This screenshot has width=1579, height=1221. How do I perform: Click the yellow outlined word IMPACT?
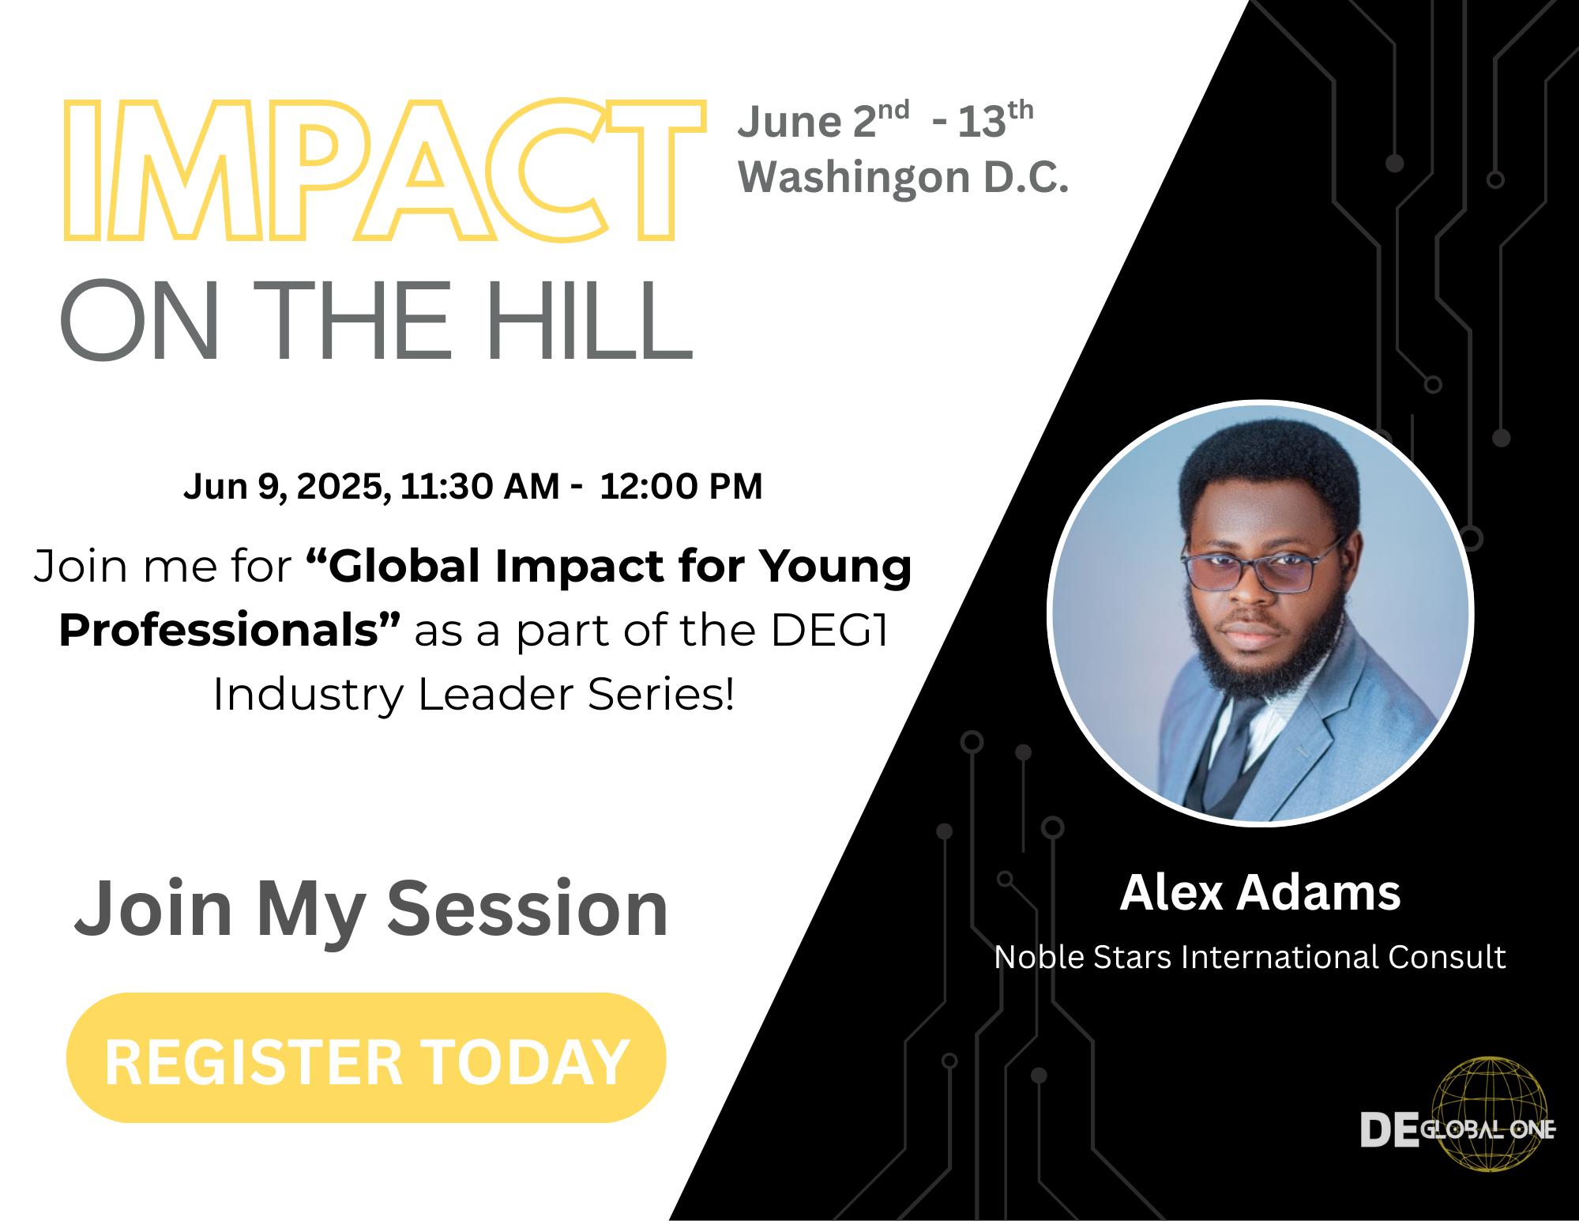pos(385,170)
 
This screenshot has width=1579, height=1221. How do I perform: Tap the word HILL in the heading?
pos(589,321)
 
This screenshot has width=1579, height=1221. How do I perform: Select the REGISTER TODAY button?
pos(367,1058)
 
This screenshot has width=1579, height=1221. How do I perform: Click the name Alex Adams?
pos(1261,893)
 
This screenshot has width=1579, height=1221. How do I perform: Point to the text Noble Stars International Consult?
pos(1250,957)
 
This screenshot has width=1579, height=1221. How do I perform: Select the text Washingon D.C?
pos(903,178)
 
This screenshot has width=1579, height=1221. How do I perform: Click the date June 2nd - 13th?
pos(885,121)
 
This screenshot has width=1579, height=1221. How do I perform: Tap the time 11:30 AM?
pos(479,487)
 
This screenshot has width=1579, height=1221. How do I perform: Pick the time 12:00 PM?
pos(681,487)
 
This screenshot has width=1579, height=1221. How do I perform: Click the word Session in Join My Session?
pos(528,910)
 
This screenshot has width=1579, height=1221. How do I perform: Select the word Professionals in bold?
pos(229,630)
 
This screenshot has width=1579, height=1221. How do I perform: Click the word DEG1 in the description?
pos(829,630)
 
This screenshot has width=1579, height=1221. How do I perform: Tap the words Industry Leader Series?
pos(474,695)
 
